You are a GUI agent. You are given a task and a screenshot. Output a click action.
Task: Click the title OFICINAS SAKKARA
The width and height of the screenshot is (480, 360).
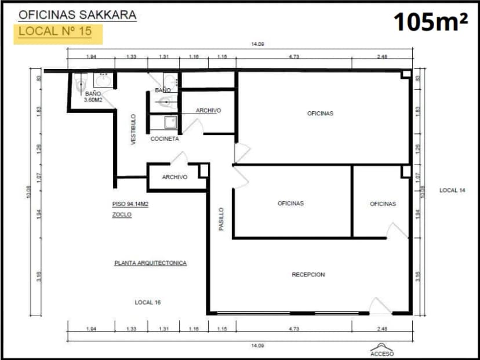(78, 15)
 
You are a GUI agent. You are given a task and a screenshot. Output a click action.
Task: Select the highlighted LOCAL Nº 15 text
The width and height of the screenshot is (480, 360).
(55, 31)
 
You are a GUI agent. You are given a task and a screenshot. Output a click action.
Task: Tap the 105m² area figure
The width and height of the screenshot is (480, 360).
(431, 23)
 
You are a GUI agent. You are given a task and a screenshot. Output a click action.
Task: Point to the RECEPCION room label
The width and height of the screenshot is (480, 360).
(308, 274)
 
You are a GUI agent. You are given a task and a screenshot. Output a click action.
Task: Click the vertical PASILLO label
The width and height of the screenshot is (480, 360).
(221, 219)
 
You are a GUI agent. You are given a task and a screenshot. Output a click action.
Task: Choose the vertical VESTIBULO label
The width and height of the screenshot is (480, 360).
(133, 129)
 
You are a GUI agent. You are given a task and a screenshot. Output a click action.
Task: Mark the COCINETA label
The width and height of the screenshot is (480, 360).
(165, 139)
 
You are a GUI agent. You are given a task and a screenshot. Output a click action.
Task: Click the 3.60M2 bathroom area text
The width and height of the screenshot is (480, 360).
(93, 100)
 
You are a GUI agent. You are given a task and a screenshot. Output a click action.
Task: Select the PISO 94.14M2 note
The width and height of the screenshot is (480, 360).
(130, 204)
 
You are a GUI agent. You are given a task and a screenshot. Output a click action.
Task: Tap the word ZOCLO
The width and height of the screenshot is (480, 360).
(122, 214)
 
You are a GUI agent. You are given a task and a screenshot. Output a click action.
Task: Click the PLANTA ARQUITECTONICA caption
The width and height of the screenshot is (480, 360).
(151, 263)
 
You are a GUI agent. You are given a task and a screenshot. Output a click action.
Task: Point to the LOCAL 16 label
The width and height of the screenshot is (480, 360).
(147, 302)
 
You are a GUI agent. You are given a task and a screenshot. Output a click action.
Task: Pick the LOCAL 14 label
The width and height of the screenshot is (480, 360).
(452, 190)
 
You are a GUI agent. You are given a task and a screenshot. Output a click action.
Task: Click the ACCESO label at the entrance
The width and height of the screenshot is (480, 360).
(382, 353)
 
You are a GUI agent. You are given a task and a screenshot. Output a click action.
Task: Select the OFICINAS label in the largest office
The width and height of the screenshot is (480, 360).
(320, 114)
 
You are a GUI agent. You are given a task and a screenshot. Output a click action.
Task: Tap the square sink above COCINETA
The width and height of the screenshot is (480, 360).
(170, 122)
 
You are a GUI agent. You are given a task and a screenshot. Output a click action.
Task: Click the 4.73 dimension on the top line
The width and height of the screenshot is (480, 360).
(294, 57)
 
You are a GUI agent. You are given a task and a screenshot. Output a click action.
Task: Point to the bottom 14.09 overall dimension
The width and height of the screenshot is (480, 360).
(254, 345)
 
